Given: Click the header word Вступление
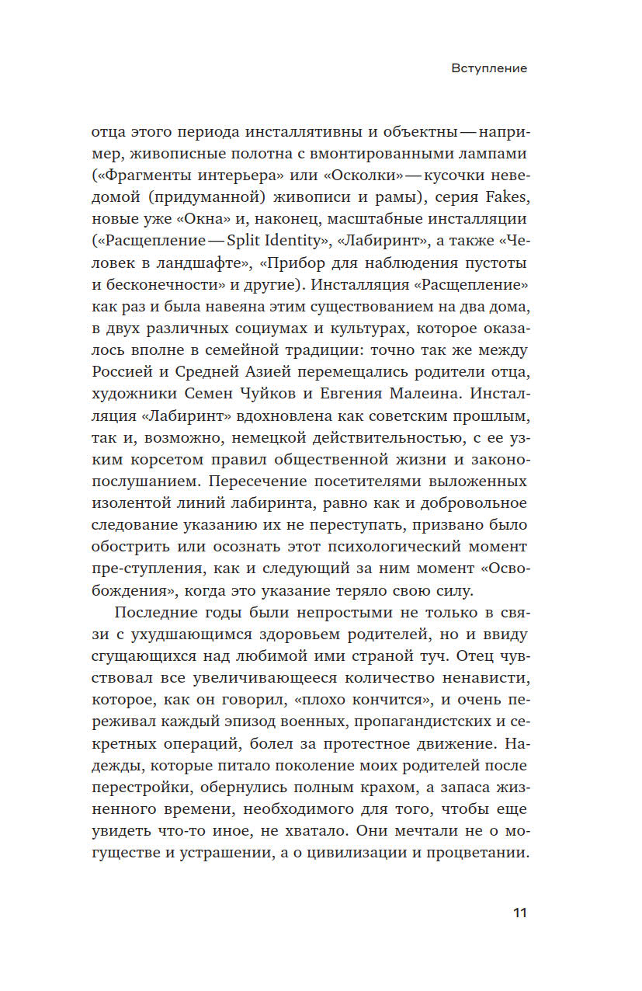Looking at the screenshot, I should click(489, 68).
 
